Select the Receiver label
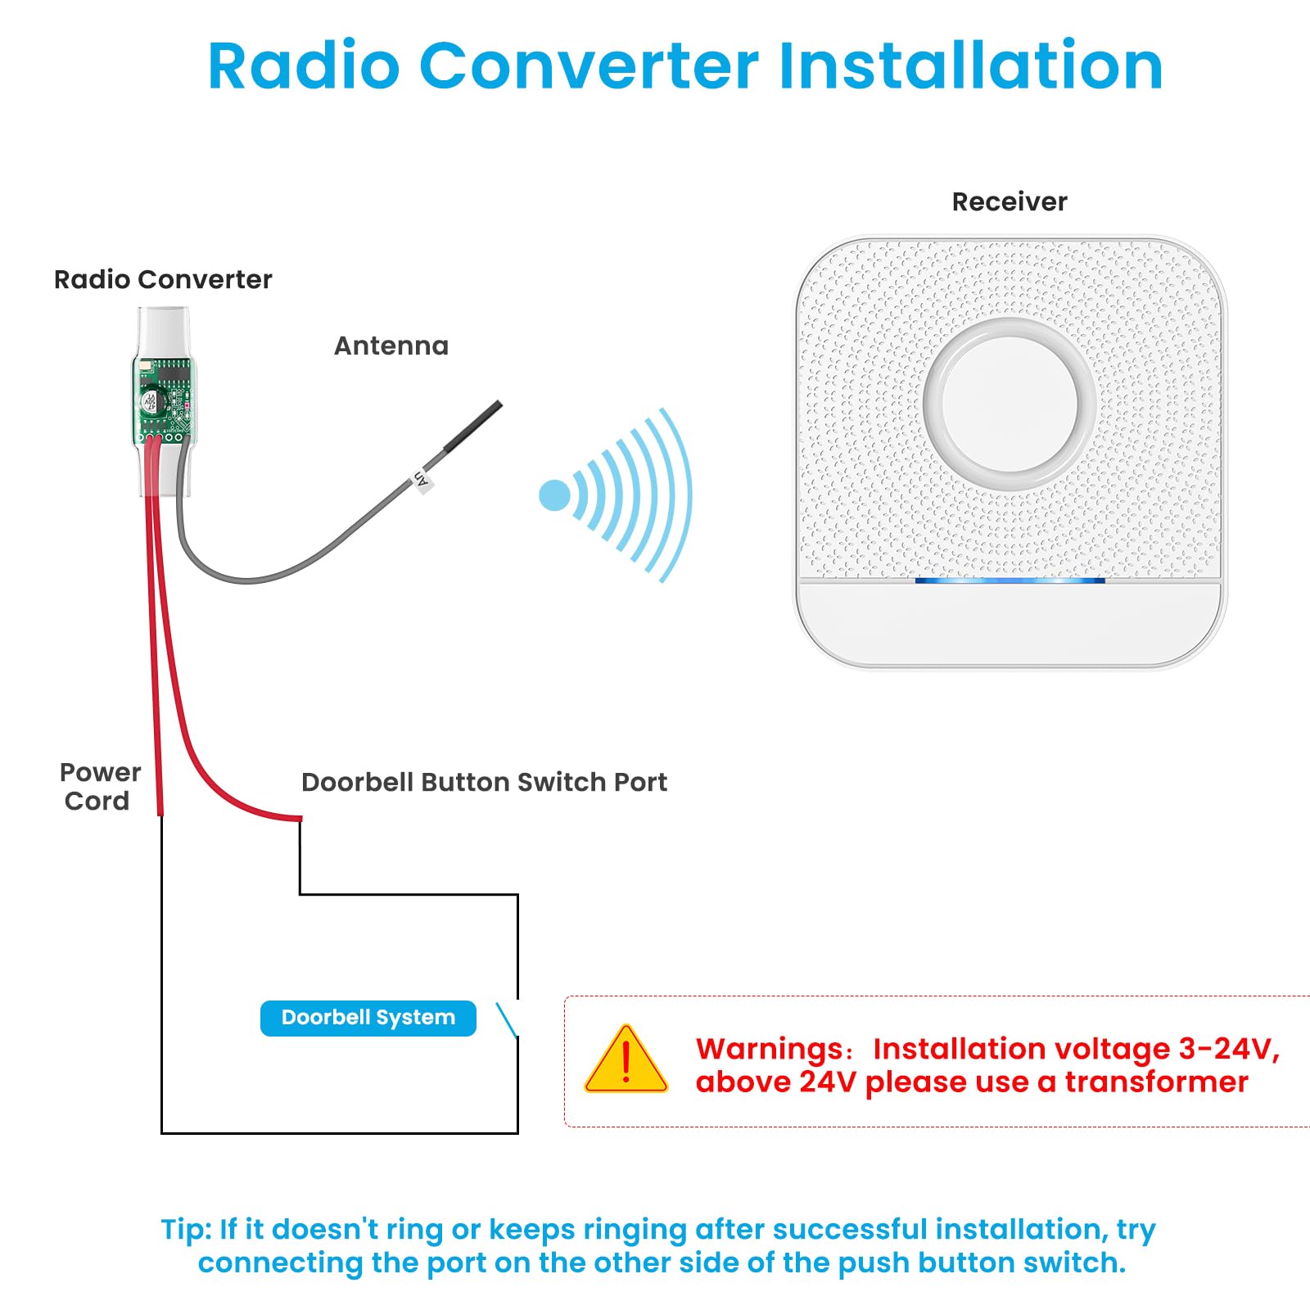pyautogui.click(x=1009, y=202)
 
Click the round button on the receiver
pyautogui.click(x=1010, y=404)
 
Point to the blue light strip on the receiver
pyautogui.click(x=1010, y=580)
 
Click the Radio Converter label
pyautogui.click(x=163, y=280)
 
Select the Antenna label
pyautogui.click(x=391, y=346)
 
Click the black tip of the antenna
pyautogui.click(x=473, y=425)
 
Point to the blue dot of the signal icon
pyautogui.click(x=554, y=495)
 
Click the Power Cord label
pyautogui.click(x=99, y=786)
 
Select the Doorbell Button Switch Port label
pyautogui.click(x=484, y=783)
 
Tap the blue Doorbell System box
pyautogui.click(x=368, y=1018)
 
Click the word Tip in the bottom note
pyautogui.click(x=186, y=1230)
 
